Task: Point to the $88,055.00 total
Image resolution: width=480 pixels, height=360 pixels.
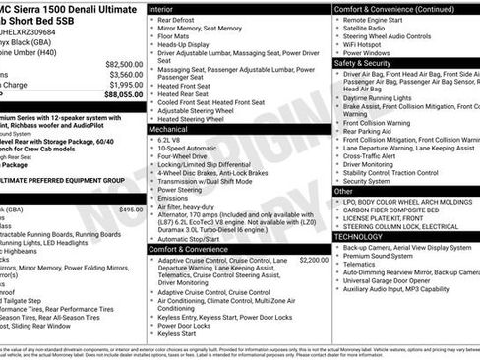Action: pos(122,96)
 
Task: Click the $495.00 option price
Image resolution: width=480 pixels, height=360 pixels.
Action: pos(131,210)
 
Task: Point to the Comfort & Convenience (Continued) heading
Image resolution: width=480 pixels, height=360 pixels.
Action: pos(393,8)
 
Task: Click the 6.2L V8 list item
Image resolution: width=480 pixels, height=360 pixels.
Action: pos(176,140)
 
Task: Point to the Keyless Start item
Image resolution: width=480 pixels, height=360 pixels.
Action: pos(178,334)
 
